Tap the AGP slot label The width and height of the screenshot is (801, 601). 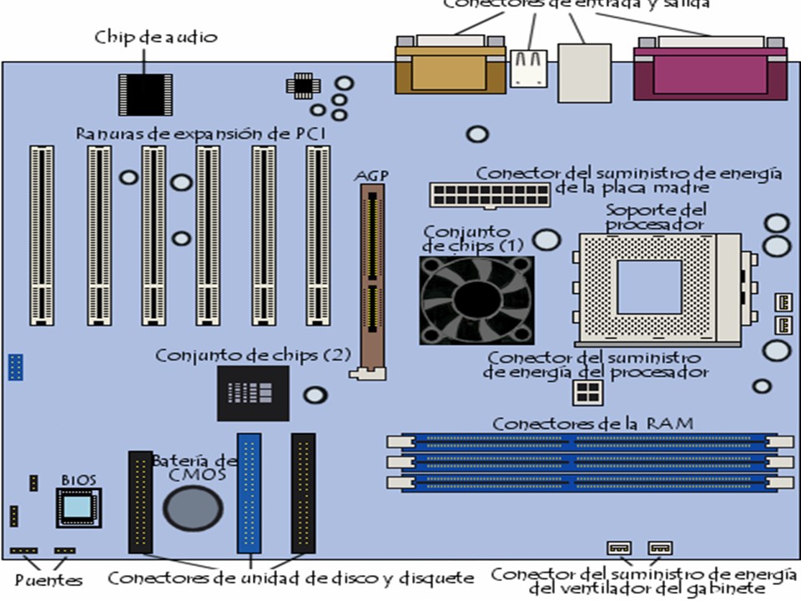pos(371,176)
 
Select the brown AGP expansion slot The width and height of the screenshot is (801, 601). pos(371,280)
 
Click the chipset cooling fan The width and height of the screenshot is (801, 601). pos(476,300)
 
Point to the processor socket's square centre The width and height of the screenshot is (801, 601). pos(648,286)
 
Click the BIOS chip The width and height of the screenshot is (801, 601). pos(78,508)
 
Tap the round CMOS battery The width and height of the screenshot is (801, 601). pos(193,507)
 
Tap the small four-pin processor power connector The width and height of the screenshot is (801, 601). pos(585,392)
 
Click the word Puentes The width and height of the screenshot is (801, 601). pos(49,579)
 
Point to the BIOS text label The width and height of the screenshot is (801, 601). pos(78,481)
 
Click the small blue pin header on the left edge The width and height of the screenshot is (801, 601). pos(15,366)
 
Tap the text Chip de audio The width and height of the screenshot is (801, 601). pos(156,37)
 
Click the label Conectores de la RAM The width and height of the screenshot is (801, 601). pos(592,423)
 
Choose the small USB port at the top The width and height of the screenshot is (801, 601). pos(528,66)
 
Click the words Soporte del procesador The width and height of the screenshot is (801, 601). pos(656,217)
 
